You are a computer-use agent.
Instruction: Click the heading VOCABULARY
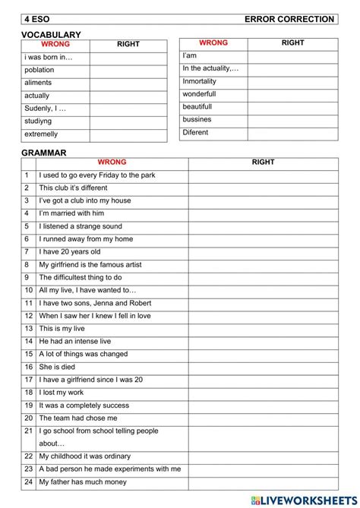point(51,35)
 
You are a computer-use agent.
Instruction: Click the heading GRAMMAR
point(44,153)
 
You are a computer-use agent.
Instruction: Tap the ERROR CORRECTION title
point(289,19)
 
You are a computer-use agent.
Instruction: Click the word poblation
point(39,70)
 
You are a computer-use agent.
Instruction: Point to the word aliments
point(39,83)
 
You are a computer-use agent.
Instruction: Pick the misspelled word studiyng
point(39,121)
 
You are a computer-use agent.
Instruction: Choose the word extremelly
point(41,134)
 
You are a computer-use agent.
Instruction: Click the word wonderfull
point(199,94)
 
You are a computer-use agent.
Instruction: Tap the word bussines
point(197,120)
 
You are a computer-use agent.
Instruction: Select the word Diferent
point(195,133)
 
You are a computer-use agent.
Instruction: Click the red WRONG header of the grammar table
point(112,162)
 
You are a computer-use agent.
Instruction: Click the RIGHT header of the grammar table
point(263,162)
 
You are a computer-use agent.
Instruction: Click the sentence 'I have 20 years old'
point(70,252)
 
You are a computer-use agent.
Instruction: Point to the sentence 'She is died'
point(57,367)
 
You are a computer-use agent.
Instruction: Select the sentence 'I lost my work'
point(62,393)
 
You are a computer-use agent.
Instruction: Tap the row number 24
point(28,482)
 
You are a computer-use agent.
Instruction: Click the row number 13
point(28,329)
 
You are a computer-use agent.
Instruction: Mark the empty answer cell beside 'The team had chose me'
point(263,418)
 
